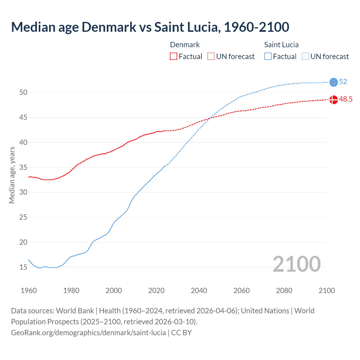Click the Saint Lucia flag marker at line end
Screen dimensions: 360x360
334,82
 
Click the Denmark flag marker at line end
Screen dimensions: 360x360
334,100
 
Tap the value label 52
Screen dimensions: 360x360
343,82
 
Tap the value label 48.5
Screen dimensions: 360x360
346,99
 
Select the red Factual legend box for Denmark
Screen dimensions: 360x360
174,57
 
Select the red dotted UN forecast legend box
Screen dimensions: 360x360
211,57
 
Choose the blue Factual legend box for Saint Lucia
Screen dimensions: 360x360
268,57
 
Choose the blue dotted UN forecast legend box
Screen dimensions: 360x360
305,57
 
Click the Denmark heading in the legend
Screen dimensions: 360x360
185,45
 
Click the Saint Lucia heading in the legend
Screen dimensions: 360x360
281,45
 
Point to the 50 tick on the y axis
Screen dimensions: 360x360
23,92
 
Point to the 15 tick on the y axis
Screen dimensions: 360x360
23,267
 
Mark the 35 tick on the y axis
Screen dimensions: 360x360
23,167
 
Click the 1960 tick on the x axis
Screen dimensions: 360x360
29,291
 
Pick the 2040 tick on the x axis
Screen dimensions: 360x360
199,291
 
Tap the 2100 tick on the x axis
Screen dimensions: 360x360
327,291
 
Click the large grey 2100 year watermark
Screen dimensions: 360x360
296,264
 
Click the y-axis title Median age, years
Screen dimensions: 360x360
12,175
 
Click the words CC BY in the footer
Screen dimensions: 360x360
181,333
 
